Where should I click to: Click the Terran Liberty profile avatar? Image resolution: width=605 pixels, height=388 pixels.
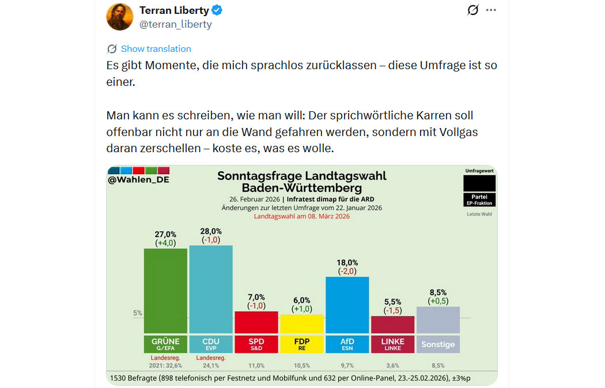(120, 17)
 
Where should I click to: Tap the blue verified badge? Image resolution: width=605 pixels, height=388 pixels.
(217, 10)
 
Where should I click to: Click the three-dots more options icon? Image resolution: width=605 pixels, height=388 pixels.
(490, 10)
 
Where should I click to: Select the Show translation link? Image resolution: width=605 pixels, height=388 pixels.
(156, 49)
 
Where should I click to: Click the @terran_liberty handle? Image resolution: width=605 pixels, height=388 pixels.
(176, 24)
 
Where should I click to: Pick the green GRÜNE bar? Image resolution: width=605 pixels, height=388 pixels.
(165, 291)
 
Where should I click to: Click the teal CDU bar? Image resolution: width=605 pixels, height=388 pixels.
(211, 289)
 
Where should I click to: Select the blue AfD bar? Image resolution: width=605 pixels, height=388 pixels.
(347, 304)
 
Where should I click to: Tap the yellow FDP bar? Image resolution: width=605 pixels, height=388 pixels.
(302, 323)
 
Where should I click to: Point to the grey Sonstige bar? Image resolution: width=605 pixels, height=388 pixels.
(438, 319)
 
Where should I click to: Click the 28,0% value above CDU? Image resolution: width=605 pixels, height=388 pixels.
(211, 231)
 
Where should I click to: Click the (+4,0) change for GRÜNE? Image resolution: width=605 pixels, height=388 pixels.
(165, 243)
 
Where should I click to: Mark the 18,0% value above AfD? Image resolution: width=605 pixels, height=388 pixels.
(347, 262)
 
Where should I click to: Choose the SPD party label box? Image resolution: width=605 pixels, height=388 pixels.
(256, 344)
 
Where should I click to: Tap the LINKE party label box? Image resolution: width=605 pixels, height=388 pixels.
(392, 344)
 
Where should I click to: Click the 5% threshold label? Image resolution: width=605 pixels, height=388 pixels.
(138, 313)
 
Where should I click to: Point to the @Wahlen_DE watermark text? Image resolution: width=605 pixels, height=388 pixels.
(138, 179)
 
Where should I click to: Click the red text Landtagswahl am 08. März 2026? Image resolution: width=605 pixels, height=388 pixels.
(302, 216)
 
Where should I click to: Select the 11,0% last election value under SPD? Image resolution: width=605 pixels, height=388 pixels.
(256, 365)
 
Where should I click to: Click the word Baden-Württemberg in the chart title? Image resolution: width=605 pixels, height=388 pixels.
(302, 188)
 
